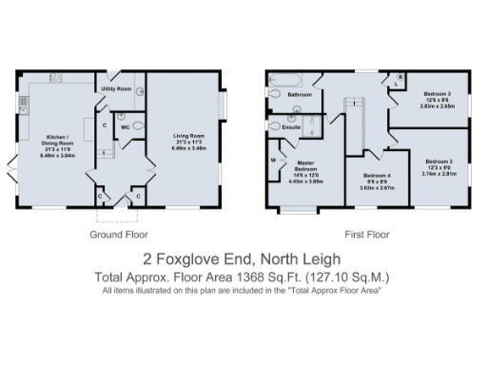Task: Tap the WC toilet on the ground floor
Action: click(138, 125)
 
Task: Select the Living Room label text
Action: click(183, 136)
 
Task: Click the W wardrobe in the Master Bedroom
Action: click(274, 160)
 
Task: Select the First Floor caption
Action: click(367, 233)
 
